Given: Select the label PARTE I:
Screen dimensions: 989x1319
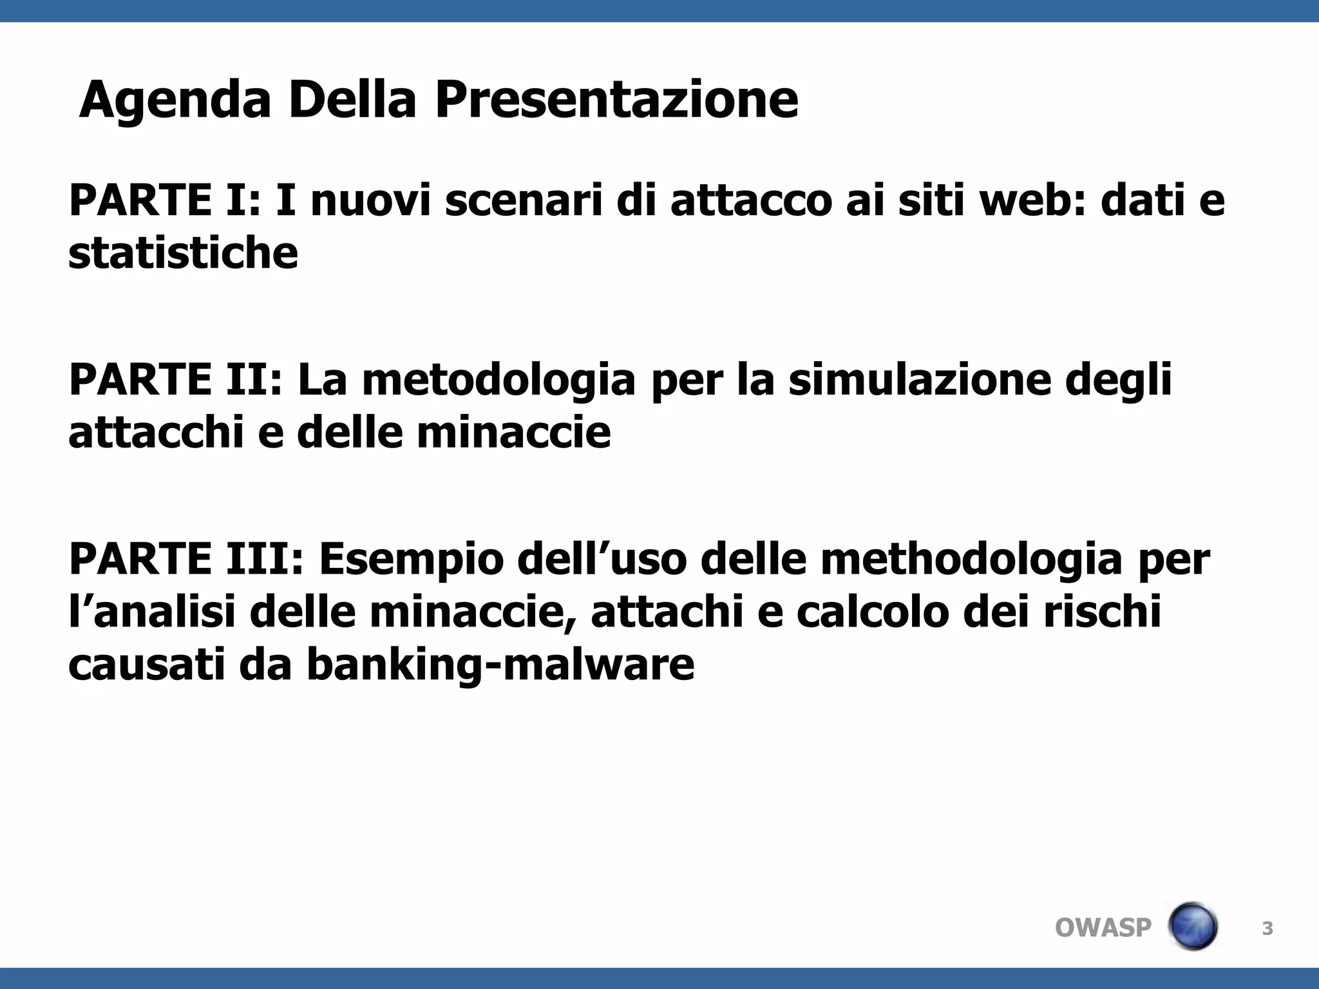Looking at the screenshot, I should (x=164, y=200).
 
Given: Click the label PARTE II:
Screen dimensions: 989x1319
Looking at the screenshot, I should (x=175, y=379).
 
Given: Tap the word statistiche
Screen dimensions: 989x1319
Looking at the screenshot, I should (x=183, y=252).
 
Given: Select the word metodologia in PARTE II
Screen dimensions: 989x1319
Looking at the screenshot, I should (x=498, y=379).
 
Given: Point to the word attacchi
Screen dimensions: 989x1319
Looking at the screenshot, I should (x=155, y=432).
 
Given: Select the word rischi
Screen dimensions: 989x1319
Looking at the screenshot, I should (x=1102, y=612).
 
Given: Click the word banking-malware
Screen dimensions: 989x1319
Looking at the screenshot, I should (x=500, y=664).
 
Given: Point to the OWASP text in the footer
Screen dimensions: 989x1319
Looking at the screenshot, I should (x=1103, y=928).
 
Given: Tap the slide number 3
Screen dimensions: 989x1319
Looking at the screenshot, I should (x=1267, y=928).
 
